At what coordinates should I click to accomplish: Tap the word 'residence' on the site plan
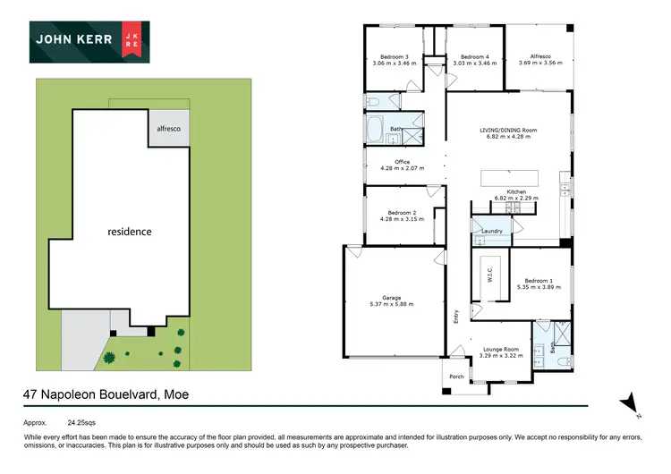(130, 232)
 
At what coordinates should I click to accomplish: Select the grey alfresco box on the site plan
(169, 129)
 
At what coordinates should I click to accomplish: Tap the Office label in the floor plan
(395, 162)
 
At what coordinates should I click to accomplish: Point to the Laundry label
(491, 232)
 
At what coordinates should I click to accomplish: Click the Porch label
(456, 376)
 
